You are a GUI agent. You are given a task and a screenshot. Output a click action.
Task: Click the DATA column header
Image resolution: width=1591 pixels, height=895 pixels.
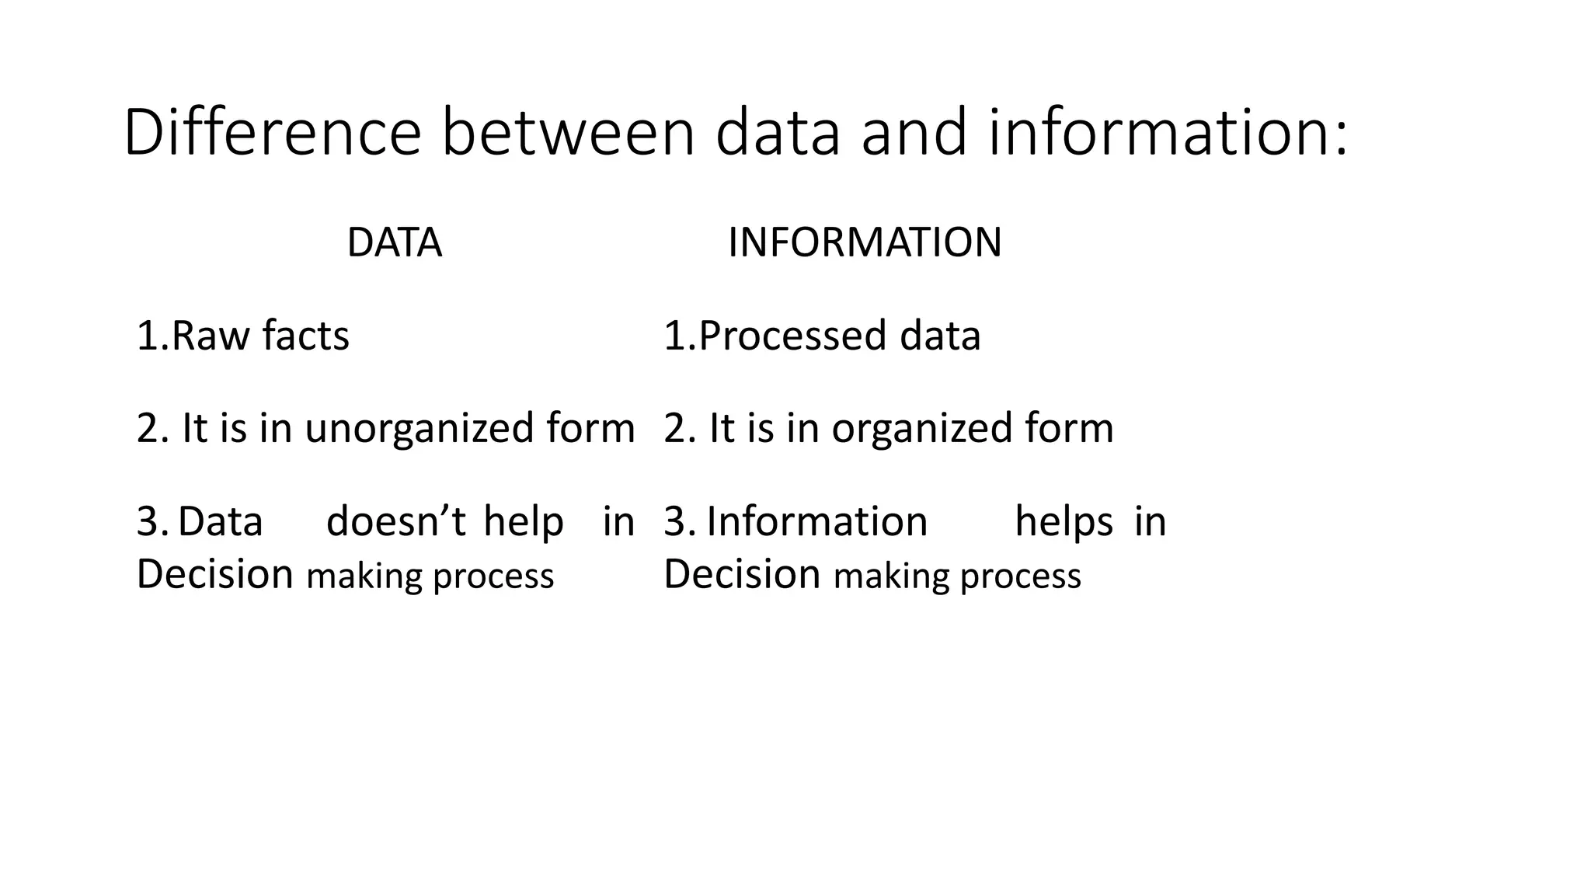pos(394,242)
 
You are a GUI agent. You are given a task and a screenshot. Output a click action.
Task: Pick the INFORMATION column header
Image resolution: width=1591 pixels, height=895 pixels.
pos(865,242)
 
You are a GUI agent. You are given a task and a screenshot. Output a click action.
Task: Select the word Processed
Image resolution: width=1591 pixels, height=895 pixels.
pos(792,336)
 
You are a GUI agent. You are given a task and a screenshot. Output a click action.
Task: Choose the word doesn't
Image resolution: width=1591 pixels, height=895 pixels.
pos(395,521)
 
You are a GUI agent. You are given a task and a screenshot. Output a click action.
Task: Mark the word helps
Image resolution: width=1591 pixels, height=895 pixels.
pos(1064,521)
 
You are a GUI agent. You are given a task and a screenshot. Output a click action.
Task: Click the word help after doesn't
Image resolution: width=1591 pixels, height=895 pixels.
pos(523,521)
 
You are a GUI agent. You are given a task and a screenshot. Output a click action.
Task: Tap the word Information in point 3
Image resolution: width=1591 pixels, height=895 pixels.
pos(816,521)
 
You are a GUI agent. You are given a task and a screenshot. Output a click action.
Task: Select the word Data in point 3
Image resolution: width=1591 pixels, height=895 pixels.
pos(221,521)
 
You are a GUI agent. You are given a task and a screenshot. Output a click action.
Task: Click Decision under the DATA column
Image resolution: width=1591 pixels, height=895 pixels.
pos(214,574)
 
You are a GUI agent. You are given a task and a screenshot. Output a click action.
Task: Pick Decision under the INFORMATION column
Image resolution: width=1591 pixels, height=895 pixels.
pos(742,574)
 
